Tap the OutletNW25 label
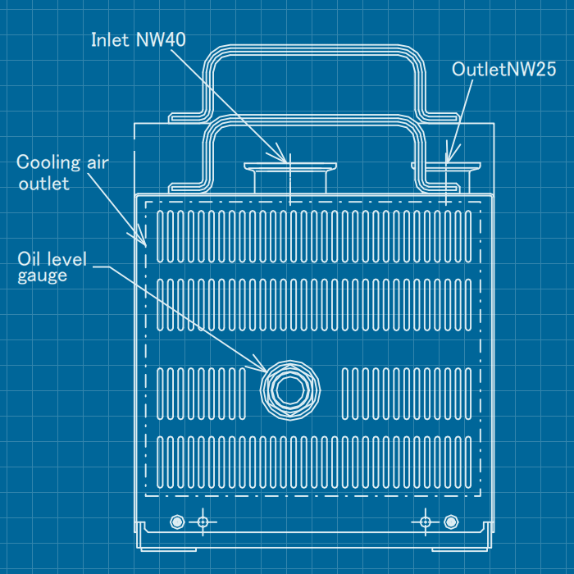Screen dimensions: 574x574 [x=504, y=69]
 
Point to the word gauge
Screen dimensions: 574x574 [x=42, y=276]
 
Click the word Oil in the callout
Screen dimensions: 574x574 [x=30, y=258]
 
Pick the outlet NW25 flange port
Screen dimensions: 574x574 [x=445, y=169]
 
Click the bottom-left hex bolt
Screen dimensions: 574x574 [x=175, y=522]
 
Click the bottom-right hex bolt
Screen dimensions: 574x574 [x=450, y=522]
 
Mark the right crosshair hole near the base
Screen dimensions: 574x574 [x=425, y=522]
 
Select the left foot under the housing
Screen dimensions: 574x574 [x=170, y=546]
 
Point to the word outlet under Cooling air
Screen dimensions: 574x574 [x=44, y=184]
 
